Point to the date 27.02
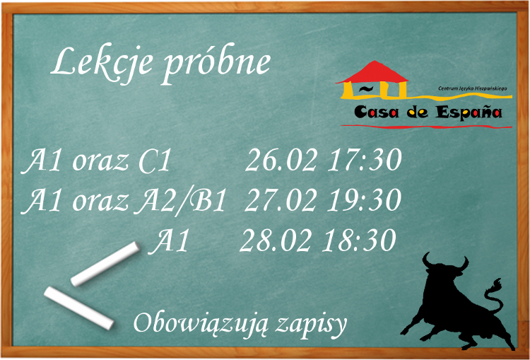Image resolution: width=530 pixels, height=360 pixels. pos(281,199)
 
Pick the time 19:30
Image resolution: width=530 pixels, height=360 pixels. pos(365,199)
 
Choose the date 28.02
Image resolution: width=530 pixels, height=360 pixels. pos(276,240)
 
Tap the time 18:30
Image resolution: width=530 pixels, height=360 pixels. pos(359,240)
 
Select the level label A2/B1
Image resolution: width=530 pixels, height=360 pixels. pos(179,201)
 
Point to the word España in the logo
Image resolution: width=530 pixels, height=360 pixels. pos(468,112)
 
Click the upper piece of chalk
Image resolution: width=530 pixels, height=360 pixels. pos(105,264)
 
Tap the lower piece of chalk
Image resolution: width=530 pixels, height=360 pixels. pos(78,308)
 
